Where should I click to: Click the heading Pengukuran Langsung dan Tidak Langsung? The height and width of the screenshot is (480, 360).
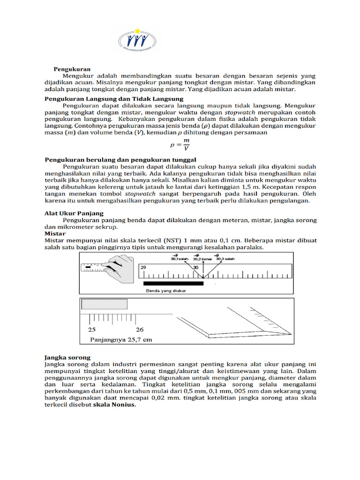tap(114, 99)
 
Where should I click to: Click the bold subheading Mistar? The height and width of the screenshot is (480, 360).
tap(55, 233)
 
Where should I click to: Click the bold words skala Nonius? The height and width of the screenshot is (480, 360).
tap(114, 405)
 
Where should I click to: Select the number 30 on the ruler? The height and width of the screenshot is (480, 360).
tap(196, 268)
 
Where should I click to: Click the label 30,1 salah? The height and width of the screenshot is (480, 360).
tap(179, 258)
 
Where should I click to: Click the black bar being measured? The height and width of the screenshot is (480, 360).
tap(173, 283)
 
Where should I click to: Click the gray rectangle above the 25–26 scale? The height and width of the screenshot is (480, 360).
tap(105, 304)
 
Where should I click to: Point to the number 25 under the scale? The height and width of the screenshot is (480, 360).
tap(92, 330)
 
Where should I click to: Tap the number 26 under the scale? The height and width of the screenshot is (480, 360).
tap(139, 330)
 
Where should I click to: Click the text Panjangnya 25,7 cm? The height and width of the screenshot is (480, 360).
tap(120, 340)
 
